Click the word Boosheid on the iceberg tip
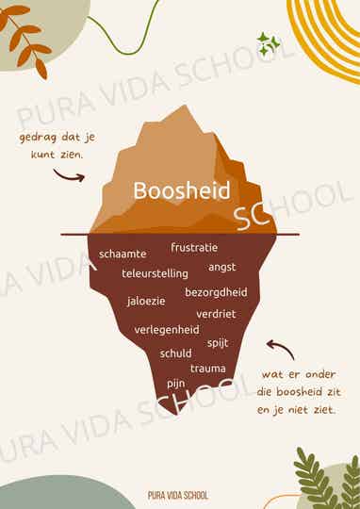pyautogui.click(x=182, y=191)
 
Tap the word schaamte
pyautogui.click(x=123, y=254)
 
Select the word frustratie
pyautogui.click(x=194, y=247)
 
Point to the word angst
pyautogui.click(x=222, y=267)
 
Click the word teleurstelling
pyautogui.click(x=155, y=273)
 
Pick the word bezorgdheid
pyautogui.click(x=216, y=292)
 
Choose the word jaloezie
pyautogui.click(x=146, y=302)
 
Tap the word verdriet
pyautogui.click(x=217, y=313)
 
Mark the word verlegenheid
pyautogui.click(x=167, y=330)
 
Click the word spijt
pyautogui.click(x=218, y=342)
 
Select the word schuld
pyautogui.click(x=175, y=353)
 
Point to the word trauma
pyautogui.click(x=208, y=368)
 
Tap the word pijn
pyautogui.click(x=176, y=384)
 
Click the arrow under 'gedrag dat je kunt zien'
pyautogui.click(x=68, y=174)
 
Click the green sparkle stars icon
pyautogui.click(x=268, y=42)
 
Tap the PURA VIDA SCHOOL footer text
pyautogui.click(x=178, y=494)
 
